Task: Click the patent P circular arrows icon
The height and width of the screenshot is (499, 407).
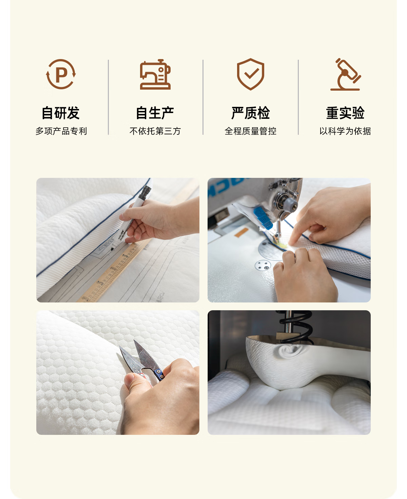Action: pos(61,74)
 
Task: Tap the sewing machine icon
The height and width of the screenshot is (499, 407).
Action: pos(155,74)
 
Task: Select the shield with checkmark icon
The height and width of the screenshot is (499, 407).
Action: pos(250,74)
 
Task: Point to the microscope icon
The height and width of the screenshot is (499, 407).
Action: pos(345,74)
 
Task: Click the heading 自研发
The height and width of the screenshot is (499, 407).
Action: pos(60,113)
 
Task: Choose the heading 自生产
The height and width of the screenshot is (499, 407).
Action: pos(155,113)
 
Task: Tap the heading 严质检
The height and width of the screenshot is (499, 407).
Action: pos(251,113)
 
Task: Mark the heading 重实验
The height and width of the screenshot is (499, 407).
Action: pos(345,113)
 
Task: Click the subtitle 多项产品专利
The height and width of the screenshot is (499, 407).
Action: pos(61,131)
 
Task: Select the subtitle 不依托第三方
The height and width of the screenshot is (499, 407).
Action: pos(155,131)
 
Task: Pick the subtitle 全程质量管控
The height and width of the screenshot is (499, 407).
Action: pos(251,131)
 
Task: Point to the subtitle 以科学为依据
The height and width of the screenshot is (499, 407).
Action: pos(345,131)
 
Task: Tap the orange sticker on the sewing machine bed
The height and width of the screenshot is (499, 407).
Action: pos(241,233)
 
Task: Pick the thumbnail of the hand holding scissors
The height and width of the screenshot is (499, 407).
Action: pos(118,372)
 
